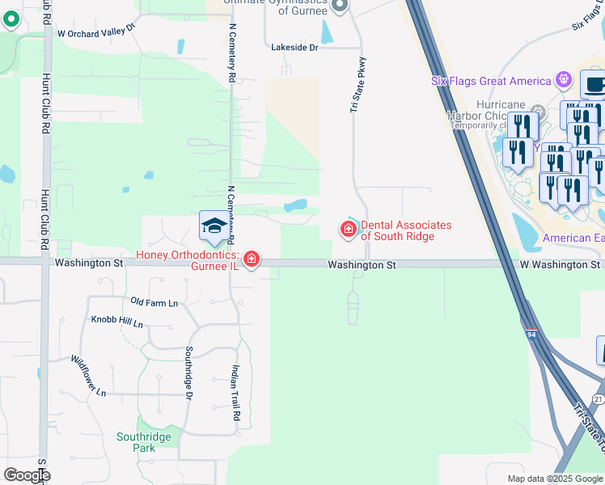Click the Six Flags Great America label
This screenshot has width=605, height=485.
(x=491, y=81)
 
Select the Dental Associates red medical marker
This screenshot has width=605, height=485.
(x=349, y=230)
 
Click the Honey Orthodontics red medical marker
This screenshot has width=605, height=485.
(x=252, y=259)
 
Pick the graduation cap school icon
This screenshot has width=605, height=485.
(x=214, y=226)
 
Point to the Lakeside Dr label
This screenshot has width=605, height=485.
(x=295, y=48)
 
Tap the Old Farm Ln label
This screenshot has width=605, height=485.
(x=154, y=302)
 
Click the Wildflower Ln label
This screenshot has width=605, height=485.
(x=88, y=376)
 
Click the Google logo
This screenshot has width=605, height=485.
(x=27, y=475)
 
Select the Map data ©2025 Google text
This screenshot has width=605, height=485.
(x=554, y=479)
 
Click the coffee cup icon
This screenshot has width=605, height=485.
(x=594, y=84)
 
